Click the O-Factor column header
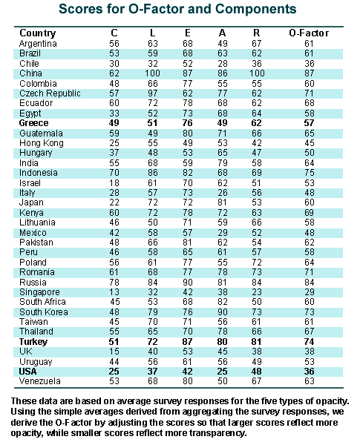(x=309, y=33)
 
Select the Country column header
(x=38, y=33)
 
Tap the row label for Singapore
(x=39, y=292)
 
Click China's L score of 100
(x=152, y=73)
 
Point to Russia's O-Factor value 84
(x=309, y=282)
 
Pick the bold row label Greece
(x=33, y=123)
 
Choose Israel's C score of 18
(x=114, y=182)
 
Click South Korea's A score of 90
(x=223, y=312)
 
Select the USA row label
(x=27, y=372)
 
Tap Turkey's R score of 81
(x=256, y=341)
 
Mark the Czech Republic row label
(x=50, y=93)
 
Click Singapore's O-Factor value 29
(x=309, y=292)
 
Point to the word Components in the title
(x=256, y=9)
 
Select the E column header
(x=188, y=33)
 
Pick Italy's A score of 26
(x=223, y=193)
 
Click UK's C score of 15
(x=114, y=352)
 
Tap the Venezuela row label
(x=40, y=381)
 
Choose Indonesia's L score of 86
(x=153, y=173)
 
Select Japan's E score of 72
(x=188, y=202)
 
